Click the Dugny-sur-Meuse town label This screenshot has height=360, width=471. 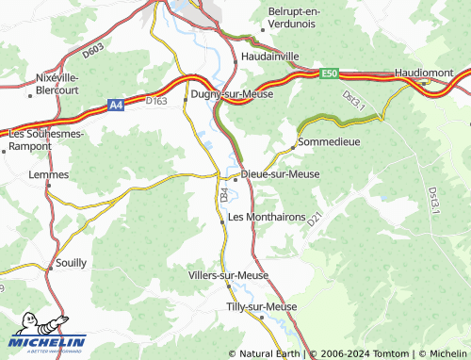coord(231,94)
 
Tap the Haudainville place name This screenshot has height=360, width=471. coord(270,57)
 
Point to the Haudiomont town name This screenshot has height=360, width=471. coord(424,73)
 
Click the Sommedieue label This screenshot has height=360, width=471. coord(329,141)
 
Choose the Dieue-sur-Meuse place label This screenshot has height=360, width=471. coord(281,174)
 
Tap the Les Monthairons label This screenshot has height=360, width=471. coord(267,217)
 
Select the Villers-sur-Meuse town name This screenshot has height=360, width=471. coord(229,275)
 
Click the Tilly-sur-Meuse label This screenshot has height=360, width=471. coord(262,307)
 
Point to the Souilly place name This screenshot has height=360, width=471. coord(72,264)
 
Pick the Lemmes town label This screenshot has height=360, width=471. coord(49,175)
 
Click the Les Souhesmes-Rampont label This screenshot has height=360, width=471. coord(46,139)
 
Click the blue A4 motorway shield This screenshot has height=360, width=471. coord(115,106)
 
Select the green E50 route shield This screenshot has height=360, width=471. coord(329,73)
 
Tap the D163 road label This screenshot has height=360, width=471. coord(155,100)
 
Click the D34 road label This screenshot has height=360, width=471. coord(224,195)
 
